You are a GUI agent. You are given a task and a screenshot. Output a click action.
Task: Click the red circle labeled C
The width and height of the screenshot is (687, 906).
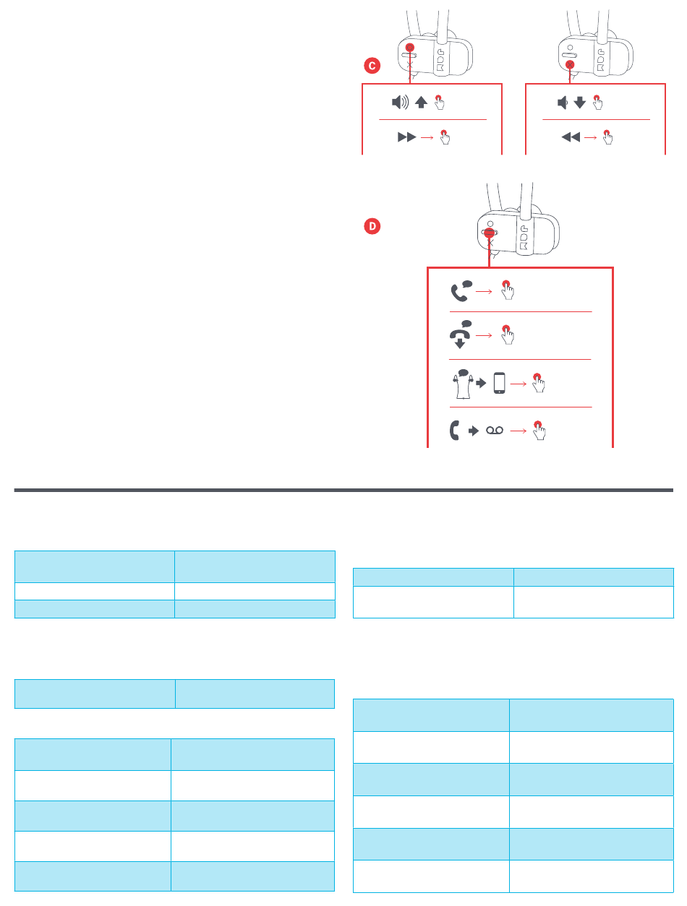click(x=371, y=66)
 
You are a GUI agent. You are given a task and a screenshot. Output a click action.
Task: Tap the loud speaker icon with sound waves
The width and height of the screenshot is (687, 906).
click(x=400, y=103)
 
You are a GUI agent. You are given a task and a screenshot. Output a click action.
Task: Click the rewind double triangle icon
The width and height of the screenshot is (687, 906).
click(x=571, y=136)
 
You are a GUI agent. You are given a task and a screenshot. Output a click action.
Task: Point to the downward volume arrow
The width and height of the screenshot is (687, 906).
click(x=580, y=103)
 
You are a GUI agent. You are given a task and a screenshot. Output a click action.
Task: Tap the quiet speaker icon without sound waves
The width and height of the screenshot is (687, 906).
click(x=563, y=103)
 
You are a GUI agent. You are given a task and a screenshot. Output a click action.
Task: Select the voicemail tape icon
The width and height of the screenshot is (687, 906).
click(x=495, y=431)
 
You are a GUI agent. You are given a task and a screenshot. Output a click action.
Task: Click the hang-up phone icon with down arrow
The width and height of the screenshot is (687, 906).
click(x=459, y=336)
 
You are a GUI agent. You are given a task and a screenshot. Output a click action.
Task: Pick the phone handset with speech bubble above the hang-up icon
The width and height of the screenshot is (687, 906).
click(x=461, y=290)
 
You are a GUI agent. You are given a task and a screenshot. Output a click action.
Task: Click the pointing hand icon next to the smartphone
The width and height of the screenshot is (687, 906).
click(x=539, y=383)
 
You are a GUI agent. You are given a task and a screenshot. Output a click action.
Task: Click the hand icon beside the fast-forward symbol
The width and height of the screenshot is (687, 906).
click(x=445, y=137)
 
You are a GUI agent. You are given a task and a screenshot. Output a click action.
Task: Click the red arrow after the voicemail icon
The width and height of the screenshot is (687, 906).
click(x=519, y=431)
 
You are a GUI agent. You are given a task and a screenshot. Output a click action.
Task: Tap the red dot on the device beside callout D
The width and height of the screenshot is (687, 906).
click(x=490, y=234)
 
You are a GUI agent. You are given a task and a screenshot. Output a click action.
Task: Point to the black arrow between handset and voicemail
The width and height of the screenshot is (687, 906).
click(x=474, y=431)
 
